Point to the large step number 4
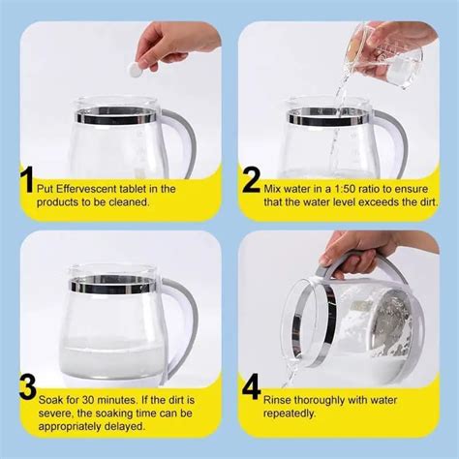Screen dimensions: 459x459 point(252,389)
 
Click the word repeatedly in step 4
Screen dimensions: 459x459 point(294,412)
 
